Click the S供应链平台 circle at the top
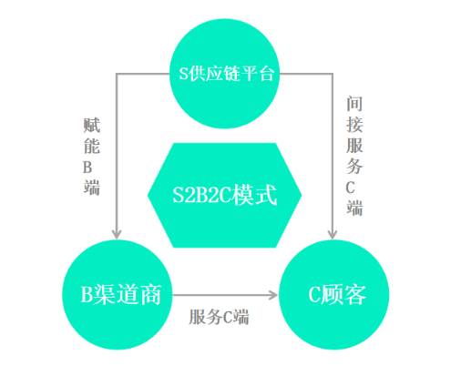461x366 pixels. pyautogui.click(x=224, y=74)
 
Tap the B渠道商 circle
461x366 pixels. pyautogui.click(x=118, y=295)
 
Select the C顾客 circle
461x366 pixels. pyautogui.click(x=333, y=295)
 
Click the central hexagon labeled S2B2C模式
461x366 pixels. pyautogui.click(x=224, y=195)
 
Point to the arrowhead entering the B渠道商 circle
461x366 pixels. pyautogui.click(x=117, y=234)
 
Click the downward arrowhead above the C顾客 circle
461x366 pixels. pyautogui.click(x=333, y=234)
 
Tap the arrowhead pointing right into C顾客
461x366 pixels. pyautogui.click(x=273, y=295)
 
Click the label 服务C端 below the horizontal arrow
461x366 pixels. pyautogui.click(x=219, y=317)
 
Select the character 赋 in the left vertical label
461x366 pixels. pyautogui.click(x=92, y=125)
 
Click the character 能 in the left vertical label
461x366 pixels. pyautogui.click(x=92, y=146)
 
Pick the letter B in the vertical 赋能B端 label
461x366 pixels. pyautogui.click(x=87, y=168)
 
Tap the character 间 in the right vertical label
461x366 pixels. pyautogui.click(x=354, y=104)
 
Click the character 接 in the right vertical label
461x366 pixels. pyautogui.click(x=354, y=125)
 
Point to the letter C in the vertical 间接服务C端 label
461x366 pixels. pyautogui.click(x=350, y=188)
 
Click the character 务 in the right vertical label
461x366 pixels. pyautogui.click(x=354, y=167)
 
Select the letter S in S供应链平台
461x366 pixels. pyautogui.click(x=183, y=74)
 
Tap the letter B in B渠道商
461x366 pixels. pyautogui.click(x=87, y=294)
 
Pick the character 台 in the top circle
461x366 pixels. pyautogui.click(x=266, y=74)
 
